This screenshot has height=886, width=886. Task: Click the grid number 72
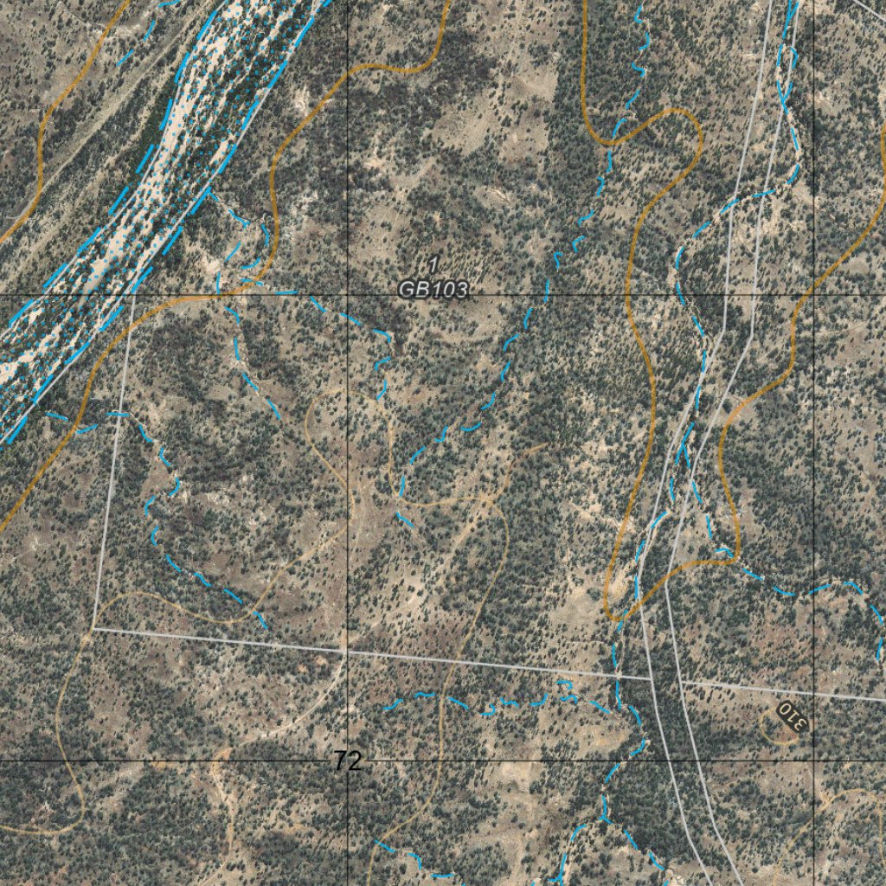pos(347,761)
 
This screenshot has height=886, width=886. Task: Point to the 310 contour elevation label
pos(791,716)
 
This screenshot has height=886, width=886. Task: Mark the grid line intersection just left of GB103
pos(347,295)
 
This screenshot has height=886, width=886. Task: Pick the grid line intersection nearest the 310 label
pos(813,761)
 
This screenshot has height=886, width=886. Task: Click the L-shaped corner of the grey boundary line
pos(93,629)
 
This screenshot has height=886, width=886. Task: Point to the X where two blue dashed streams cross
pos(691,433)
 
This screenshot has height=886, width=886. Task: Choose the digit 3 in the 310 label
pos(800,722)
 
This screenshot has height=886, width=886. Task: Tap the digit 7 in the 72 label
pos(340,761)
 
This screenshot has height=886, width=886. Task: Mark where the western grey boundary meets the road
pos(652,679)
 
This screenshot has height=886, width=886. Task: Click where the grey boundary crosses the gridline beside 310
pos(813,693)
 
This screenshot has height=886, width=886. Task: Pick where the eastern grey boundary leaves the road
pos(681,682)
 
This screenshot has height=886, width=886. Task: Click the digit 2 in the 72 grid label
pos(354,761)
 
